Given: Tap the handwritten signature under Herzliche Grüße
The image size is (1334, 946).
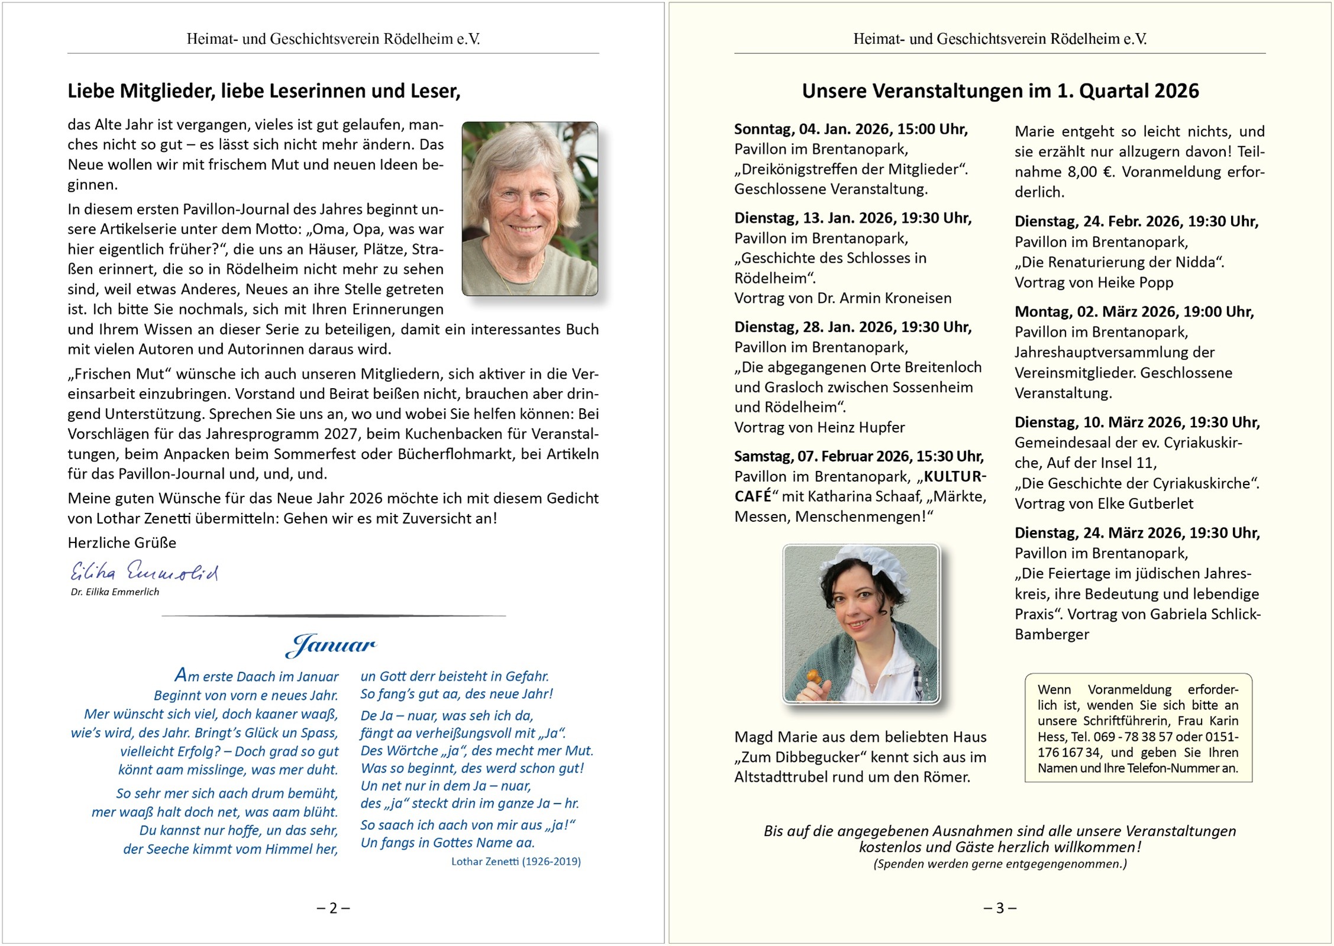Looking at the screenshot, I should (x=144, y=572).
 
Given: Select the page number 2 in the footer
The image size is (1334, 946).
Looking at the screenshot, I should (x=333, y=908).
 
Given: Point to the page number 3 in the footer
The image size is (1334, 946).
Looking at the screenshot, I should (x=1000, y=908).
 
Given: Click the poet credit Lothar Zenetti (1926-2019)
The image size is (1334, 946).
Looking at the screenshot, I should (x=516, y=861).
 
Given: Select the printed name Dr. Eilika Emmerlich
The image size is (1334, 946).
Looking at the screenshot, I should (x=115, y=592).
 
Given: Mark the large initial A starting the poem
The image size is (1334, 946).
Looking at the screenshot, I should (x=180, y=674).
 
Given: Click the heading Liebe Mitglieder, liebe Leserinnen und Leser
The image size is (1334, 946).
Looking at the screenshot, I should (x=264, y=91).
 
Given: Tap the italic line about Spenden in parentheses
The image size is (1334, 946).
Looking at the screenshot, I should (x=1000, y=864).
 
